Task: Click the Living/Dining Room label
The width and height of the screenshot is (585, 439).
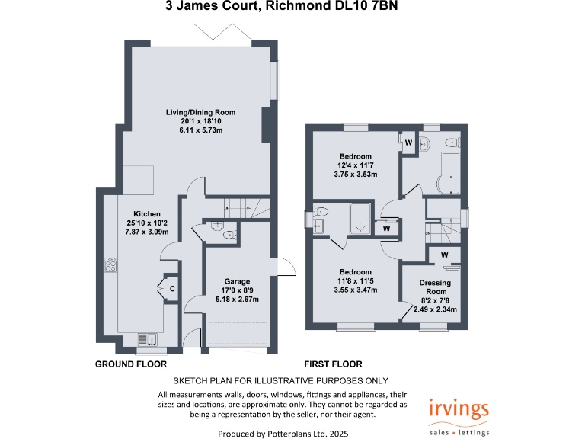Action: (200, 112)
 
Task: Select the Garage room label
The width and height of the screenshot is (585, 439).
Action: (237, 281)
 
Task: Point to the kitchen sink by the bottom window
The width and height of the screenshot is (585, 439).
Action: (145, 339)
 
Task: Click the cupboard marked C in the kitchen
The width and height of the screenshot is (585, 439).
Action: (171, 289)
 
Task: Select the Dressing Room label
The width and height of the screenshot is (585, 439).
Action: (434, 287)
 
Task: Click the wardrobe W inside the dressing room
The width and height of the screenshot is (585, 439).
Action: (444, 255)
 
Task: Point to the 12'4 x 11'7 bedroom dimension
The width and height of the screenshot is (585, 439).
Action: (355, 165)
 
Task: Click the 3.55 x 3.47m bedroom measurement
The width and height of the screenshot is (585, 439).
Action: (355, 290)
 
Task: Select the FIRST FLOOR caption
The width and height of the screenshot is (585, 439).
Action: (333, 364)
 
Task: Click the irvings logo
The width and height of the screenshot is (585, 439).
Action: (459, 409)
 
